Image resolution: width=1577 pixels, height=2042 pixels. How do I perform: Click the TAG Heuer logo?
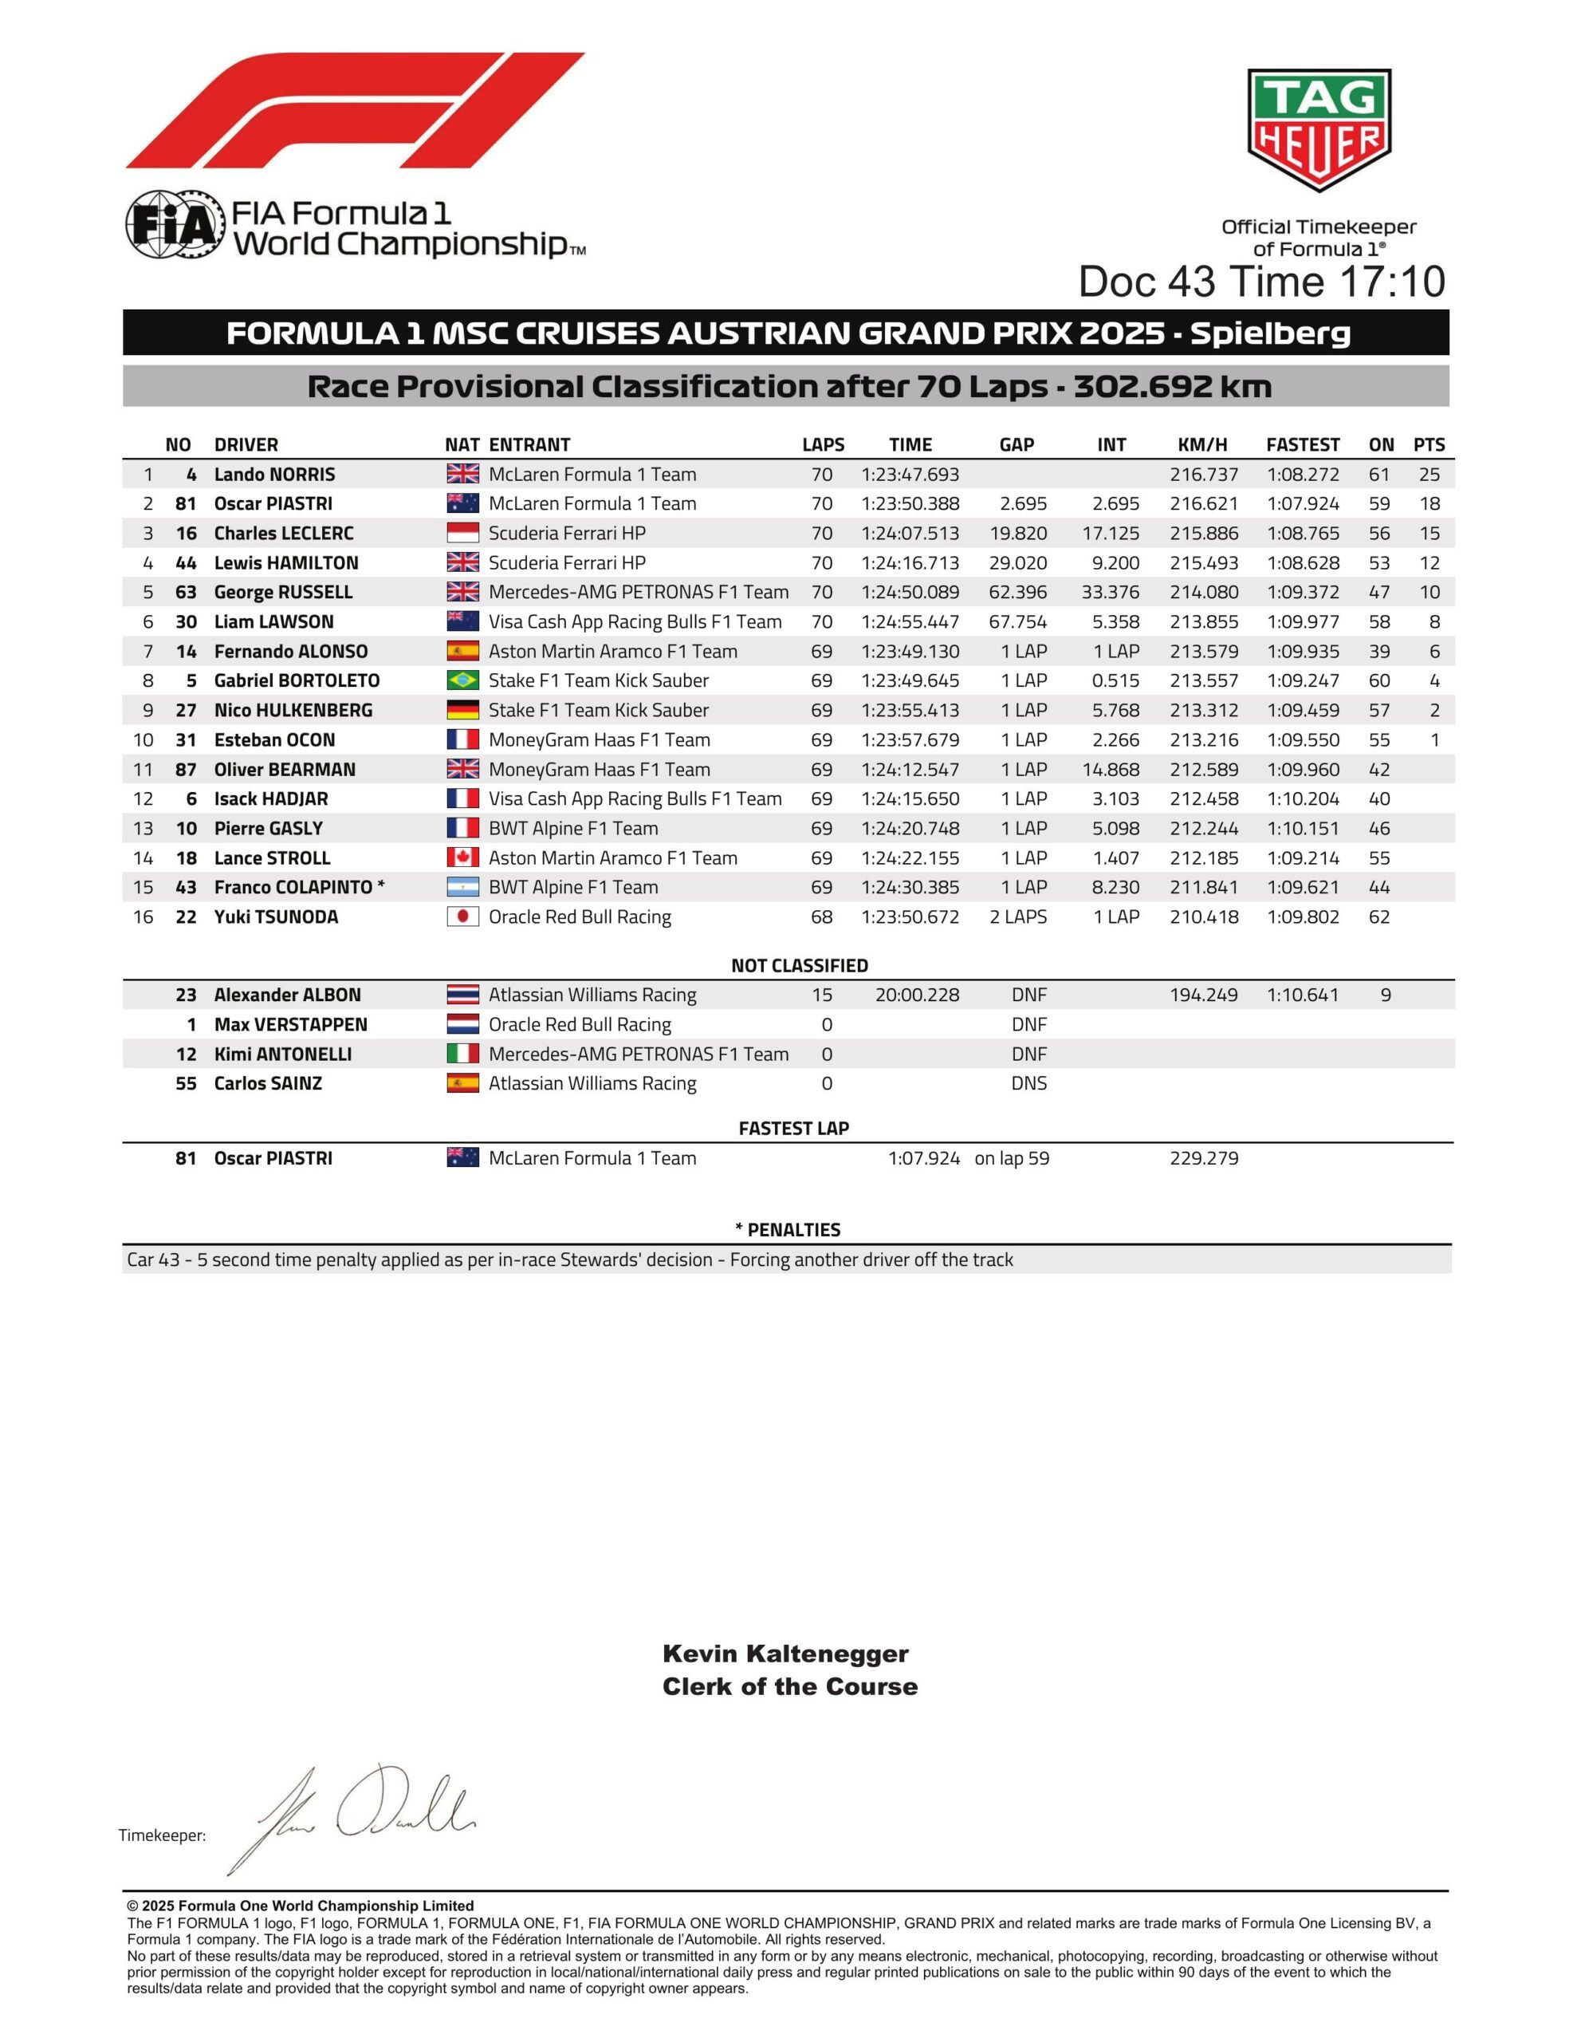1319,129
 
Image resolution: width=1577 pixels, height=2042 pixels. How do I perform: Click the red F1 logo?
356,110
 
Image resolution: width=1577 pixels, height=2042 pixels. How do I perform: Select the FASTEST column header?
1302,445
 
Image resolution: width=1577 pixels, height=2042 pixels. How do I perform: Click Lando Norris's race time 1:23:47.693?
910,474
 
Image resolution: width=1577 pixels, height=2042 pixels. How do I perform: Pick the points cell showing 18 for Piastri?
1429,504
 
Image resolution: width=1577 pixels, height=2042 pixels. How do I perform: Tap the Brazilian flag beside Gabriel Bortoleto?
462,680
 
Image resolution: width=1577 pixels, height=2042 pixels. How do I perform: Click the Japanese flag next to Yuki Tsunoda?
462,917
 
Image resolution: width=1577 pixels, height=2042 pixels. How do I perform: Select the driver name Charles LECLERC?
283,534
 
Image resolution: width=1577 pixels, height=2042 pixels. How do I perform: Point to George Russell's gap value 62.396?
1018,593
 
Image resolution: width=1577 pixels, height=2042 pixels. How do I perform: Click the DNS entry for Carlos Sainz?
1028,1084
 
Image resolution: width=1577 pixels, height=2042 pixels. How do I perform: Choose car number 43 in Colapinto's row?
186,887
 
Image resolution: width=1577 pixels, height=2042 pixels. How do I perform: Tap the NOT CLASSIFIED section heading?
799,966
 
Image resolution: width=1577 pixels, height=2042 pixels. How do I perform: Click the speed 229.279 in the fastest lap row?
1204,1158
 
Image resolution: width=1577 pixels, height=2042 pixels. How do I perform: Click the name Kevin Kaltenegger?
785,1654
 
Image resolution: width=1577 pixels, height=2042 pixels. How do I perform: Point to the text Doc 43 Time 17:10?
1261,282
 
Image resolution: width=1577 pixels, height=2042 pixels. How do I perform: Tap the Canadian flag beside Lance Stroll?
462,858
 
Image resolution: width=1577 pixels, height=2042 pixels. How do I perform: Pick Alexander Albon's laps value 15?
822,995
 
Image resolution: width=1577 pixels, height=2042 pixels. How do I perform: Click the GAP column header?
1017,445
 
